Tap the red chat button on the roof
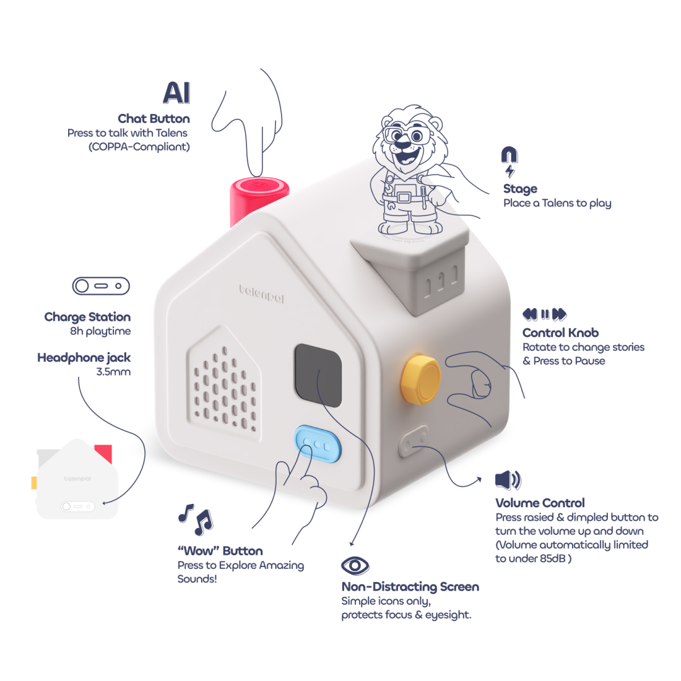point(259,187)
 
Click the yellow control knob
point(419,379)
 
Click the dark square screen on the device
point(318,375)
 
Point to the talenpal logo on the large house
point(262,293)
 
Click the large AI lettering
point(176,93)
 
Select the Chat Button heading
point(154,118)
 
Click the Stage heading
point(520,189)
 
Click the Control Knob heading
point(560,332)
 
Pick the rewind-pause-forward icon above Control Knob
point(544,314)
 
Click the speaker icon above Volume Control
point(508,480)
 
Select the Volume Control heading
point(540,503)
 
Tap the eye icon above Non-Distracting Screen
point(355,565)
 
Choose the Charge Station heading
point(87,317)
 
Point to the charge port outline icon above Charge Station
point(101,286)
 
